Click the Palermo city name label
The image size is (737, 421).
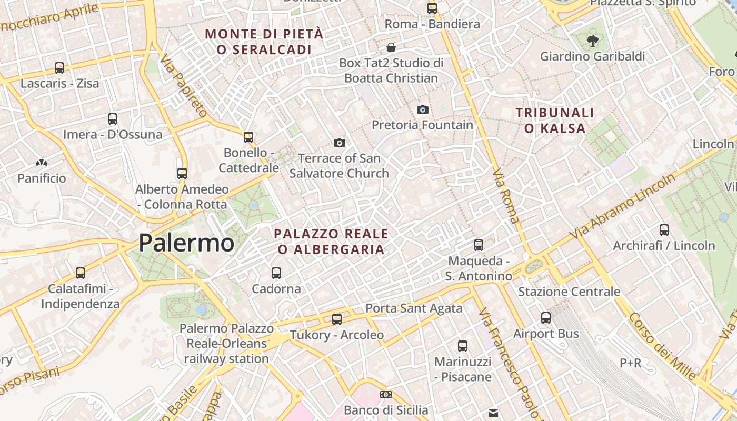pos(186,243)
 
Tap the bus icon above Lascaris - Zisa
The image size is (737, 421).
pos(59,68)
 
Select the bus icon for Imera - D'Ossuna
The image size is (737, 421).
pos(113,119)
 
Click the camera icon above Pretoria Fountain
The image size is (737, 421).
pos(422,109)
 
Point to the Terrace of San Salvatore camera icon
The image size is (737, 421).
pos(340,143)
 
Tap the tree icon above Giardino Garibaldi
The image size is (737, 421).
pos(593,41)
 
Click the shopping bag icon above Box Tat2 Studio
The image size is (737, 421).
pos(391,47)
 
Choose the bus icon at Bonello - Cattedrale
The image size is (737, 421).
pos(248,137)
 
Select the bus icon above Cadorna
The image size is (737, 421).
pos(276,273)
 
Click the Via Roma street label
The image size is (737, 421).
pos(506,196)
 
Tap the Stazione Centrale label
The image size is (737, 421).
pos(569,292)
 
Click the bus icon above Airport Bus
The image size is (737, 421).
pos(546,318)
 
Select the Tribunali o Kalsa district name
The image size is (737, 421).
pos(555,120)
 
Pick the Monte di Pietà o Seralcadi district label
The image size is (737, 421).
pos(264,42)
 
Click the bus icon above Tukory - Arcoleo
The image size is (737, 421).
pos(337,319)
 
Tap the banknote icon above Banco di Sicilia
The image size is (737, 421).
pos(386,395)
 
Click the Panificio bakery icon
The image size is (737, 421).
pos(42,163)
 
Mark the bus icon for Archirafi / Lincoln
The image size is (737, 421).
pos(664,230)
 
